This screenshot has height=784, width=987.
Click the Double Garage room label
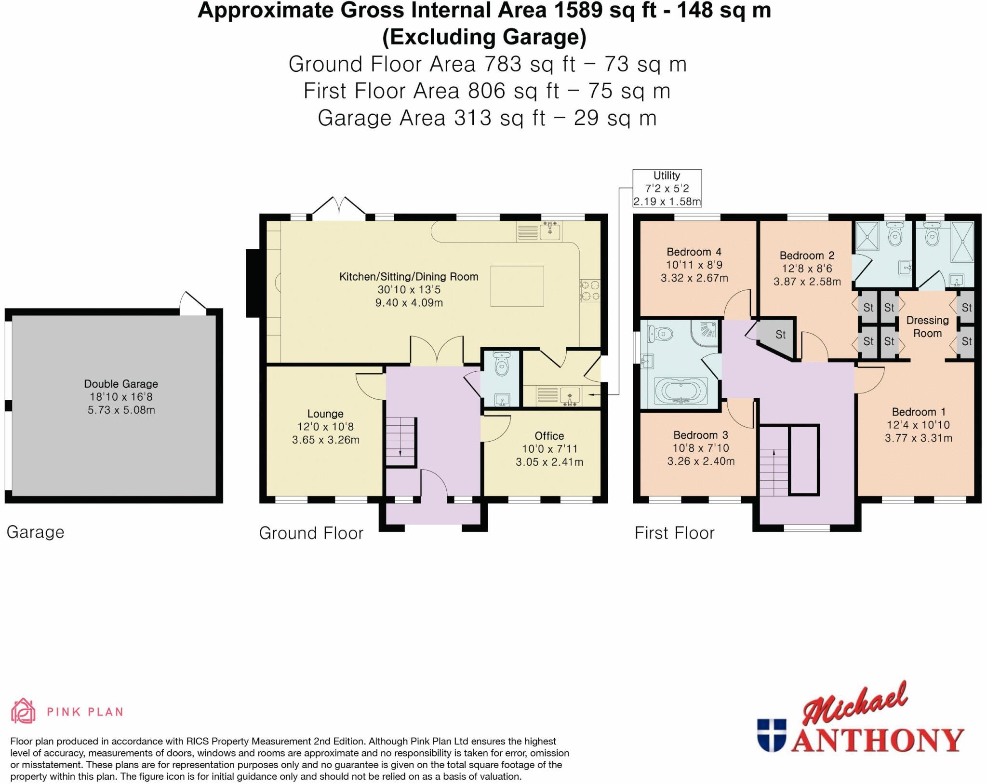[x=121, y=384]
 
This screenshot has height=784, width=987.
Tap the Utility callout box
[x=667, y=189]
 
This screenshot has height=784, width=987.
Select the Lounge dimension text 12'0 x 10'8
[x=325, y=427]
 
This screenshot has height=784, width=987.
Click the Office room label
[x=549, y=436]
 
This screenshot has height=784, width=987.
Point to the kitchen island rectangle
[x=517, y=286]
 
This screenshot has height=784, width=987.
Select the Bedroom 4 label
[x=694, y=252]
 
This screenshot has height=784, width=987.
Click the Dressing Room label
[x=927, y=326]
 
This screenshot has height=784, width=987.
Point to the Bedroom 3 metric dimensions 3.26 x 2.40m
[x=701, y=461]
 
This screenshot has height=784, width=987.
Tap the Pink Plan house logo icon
[x=23, y=711]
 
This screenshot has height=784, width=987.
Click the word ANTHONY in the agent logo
[x=877, y=741]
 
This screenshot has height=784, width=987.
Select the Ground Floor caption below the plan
[x=311, y=533]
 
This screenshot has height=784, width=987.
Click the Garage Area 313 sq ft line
[x=487, y=118]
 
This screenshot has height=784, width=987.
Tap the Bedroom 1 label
[x=918, y=412]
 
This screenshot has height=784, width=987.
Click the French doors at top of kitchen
[x=339, y=207]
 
